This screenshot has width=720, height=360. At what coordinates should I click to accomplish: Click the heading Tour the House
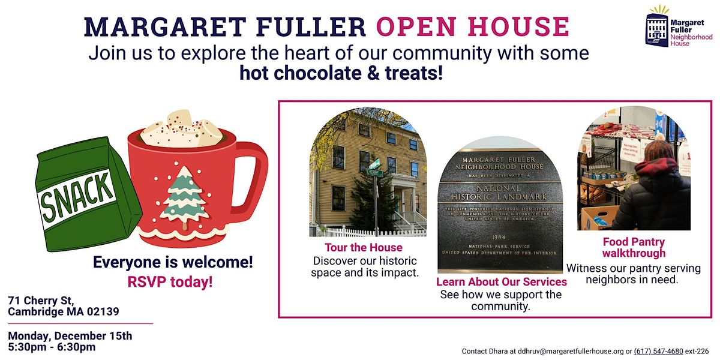[364, 247]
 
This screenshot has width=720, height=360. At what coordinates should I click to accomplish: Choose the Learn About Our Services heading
[501, 281]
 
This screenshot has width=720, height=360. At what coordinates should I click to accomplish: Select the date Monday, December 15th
[70, 335]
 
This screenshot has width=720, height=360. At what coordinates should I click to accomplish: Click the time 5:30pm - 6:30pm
[52, 347]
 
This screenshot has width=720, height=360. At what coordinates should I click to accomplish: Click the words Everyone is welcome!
[173, 262]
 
